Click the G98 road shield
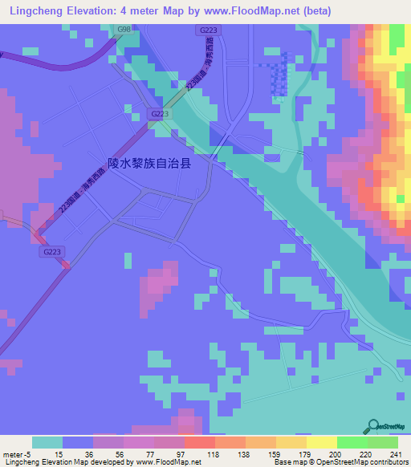124,29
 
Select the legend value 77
151,453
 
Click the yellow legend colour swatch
321,442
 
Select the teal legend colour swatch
47,442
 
